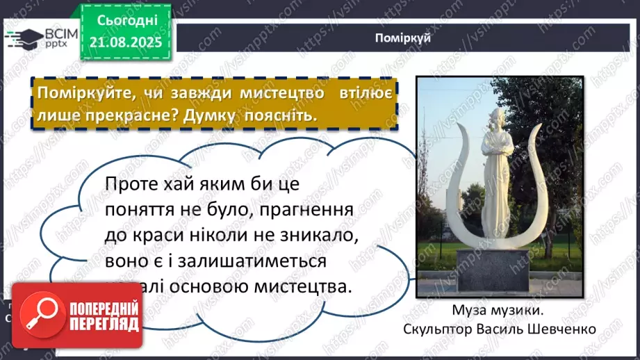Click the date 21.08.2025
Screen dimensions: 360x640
[x=126, y=43]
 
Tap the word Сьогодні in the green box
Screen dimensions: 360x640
[x=126, y=22]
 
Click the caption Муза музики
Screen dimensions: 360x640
[x=499, y=311]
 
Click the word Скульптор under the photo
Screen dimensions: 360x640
[x=436, y=328]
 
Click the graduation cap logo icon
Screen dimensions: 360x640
[x=24, y=39]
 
